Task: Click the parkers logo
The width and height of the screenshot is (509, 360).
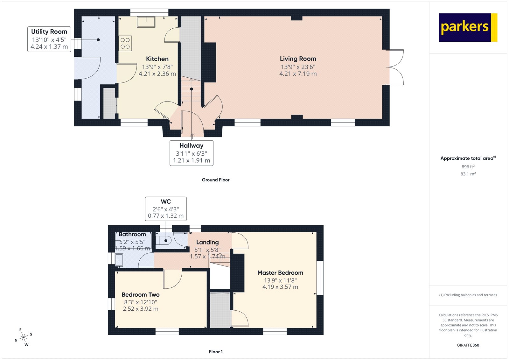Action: pyautogui.click(x=468, y=27)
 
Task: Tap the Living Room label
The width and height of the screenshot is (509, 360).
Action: pyautogui.click(x=298, y=59)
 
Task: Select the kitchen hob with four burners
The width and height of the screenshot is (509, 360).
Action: pyautogui.click(x=125, y=44)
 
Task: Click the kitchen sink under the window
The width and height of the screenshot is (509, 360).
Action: pyautogui.click(x=146, y=22)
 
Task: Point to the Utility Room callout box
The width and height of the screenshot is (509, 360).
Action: pyautogui.click(x=49, y=39)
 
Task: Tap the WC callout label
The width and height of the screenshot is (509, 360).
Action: pyautogui.click(x=166, y=209)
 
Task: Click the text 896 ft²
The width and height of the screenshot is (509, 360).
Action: pyautogui.click(x=468, y=167)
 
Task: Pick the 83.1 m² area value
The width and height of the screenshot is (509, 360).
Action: pyautogui.click(x=468, y=174)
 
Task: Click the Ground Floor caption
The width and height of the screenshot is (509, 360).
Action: pyautogui.click(x=215, y=180)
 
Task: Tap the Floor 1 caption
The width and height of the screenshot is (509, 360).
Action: pyautogui.click(x=216, y=352)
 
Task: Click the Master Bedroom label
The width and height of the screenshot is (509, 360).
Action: pyautogui.click(x=280, y=273)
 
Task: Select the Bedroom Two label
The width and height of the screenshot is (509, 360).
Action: pyautogui.click(x=140, y=295)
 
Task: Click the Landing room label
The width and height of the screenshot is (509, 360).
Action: pyautogui.click(x=207, y=243)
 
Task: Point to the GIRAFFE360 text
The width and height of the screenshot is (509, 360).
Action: pyautogui.click(x=468, y=345)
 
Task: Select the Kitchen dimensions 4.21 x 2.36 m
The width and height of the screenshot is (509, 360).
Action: pyautogui.click(x=157, y=74)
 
